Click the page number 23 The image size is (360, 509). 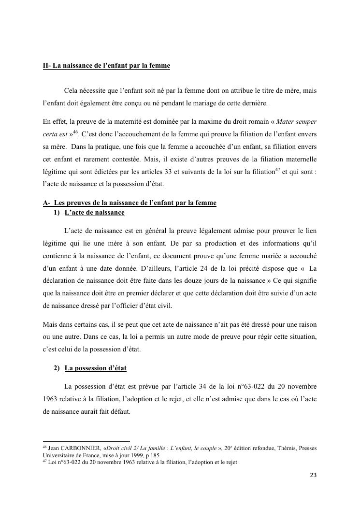coord(313,475)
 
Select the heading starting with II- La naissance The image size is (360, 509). coord(106,65)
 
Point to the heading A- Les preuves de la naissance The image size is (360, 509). coord(130,203)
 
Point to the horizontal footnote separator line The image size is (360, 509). coord(86,441)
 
